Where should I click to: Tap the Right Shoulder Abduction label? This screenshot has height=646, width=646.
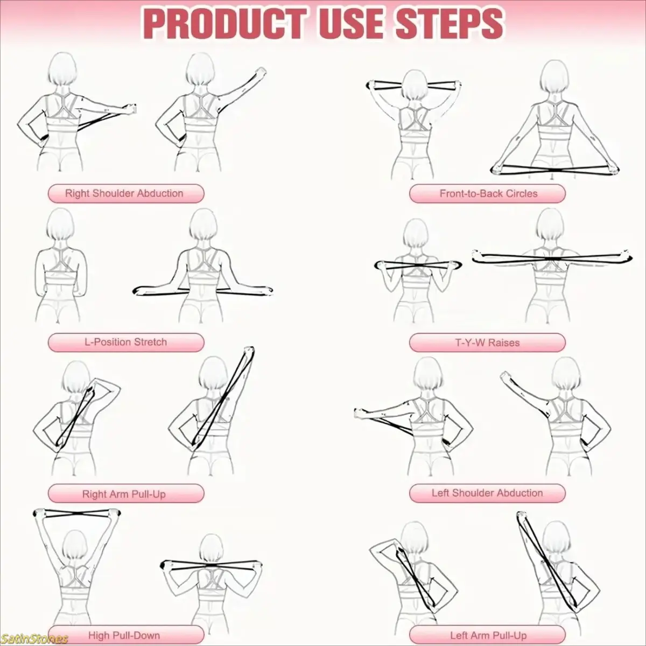126,193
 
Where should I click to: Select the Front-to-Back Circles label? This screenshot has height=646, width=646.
487,193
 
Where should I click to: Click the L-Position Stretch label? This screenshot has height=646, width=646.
126,342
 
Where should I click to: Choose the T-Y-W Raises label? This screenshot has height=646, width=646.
487,342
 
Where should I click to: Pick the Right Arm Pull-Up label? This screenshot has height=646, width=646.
126,494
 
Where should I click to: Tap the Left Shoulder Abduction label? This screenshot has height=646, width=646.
487,493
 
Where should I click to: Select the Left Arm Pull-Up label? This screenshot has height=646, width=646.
487,635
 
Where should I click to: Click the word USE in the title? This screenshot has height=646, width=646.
351,24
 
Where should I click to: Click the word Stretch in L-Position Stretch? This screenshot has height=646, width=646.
150,342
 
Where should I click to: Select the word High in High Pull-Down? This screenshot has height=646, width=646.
100,635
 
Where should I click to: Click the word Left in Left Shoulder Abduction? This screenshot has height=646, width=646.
440,493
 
